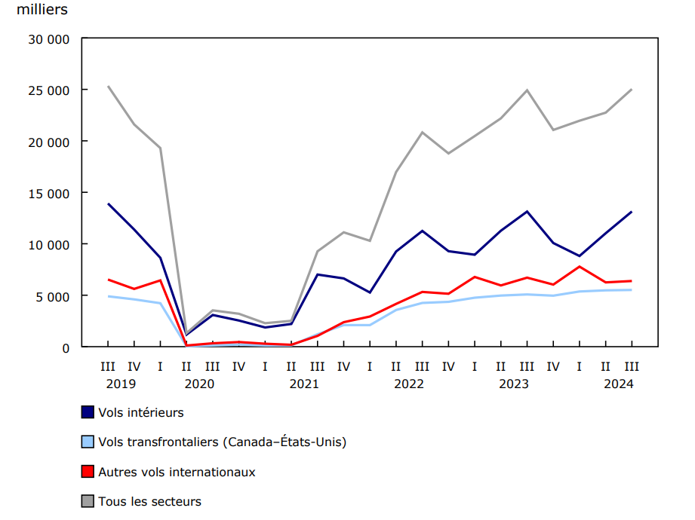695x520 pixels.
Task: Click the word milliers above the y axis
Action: point(42,10)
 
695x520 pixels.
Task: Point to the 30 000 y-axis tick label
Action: point(48,38)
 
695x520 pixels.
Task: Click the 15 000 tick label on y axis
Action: point(48,193)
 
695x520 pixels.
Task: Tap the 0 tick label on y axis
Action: point(66,347)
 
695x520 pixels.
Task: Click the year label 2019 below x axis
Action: point(121,384)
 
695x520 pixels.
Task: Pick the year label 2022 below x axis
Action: point(409,384)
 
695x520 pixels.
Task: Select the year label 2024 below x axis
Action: point(619,384)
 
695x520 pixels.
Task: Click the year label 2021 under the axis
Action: point(304,384)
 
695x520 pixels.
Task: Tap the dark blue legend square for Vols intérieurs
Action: point(88,412)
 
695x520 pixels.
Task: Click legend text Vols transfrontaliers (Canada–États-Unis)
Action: point(222,442)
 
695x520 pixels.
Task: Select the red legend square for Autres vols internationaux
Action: point(88,472)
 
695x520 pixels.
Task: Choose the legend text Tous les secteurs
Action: point(149,501)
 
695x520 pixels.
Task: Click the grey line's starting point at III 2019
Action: point(108,87)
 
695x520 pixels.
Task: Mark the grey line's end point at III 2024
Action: point(632,90)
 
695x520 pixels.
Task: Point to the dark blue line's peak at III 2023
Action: point(527,211)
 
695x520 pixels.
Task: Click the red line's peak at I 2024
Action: point(579,267)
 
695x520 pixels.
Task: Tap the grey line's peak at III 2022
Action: point(422,132)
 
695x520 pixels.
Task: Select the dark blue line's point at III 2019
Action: point(108,203)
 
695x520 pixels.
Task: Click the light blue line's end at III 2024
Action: point(632,290)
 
